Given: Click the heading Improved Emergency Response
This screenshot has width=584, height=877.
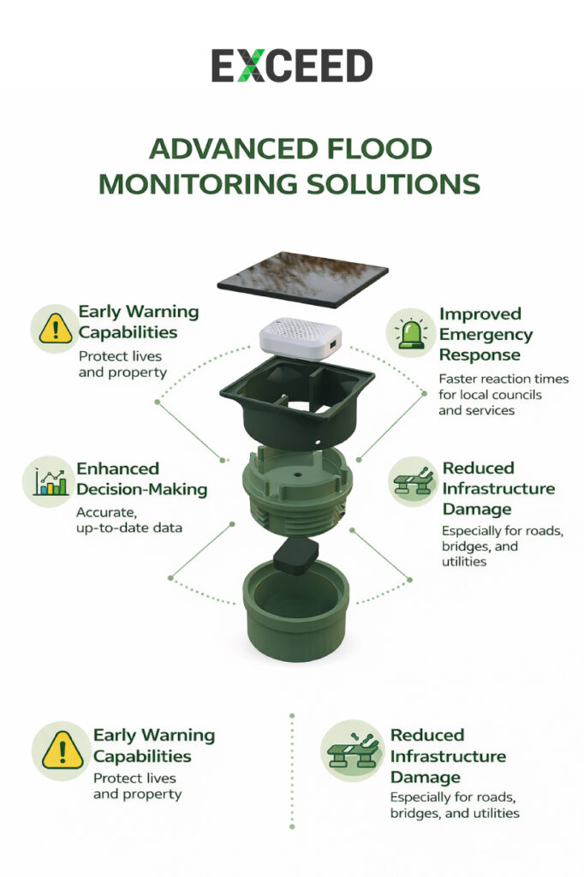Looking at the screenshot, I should [x=486, y=334].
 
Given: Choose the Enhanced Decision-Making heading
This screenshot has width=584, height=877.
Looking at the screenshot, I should [x=142, y=480].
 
